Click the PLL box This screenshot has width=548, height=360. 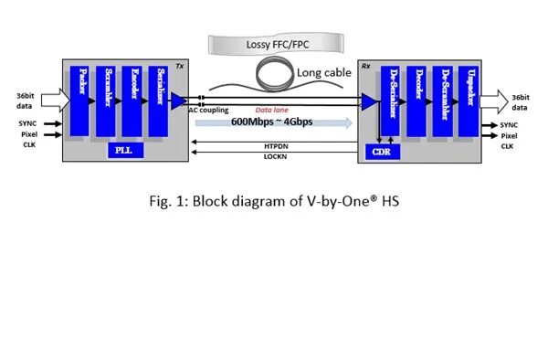(x=122, y=151)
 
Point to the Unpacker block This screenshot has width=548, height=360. (x=472, y=101)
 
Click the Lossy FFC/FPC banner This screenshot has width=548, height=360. (x=274, y=42)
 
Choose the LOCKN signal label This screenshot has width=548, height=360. (x=276, y=156)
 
